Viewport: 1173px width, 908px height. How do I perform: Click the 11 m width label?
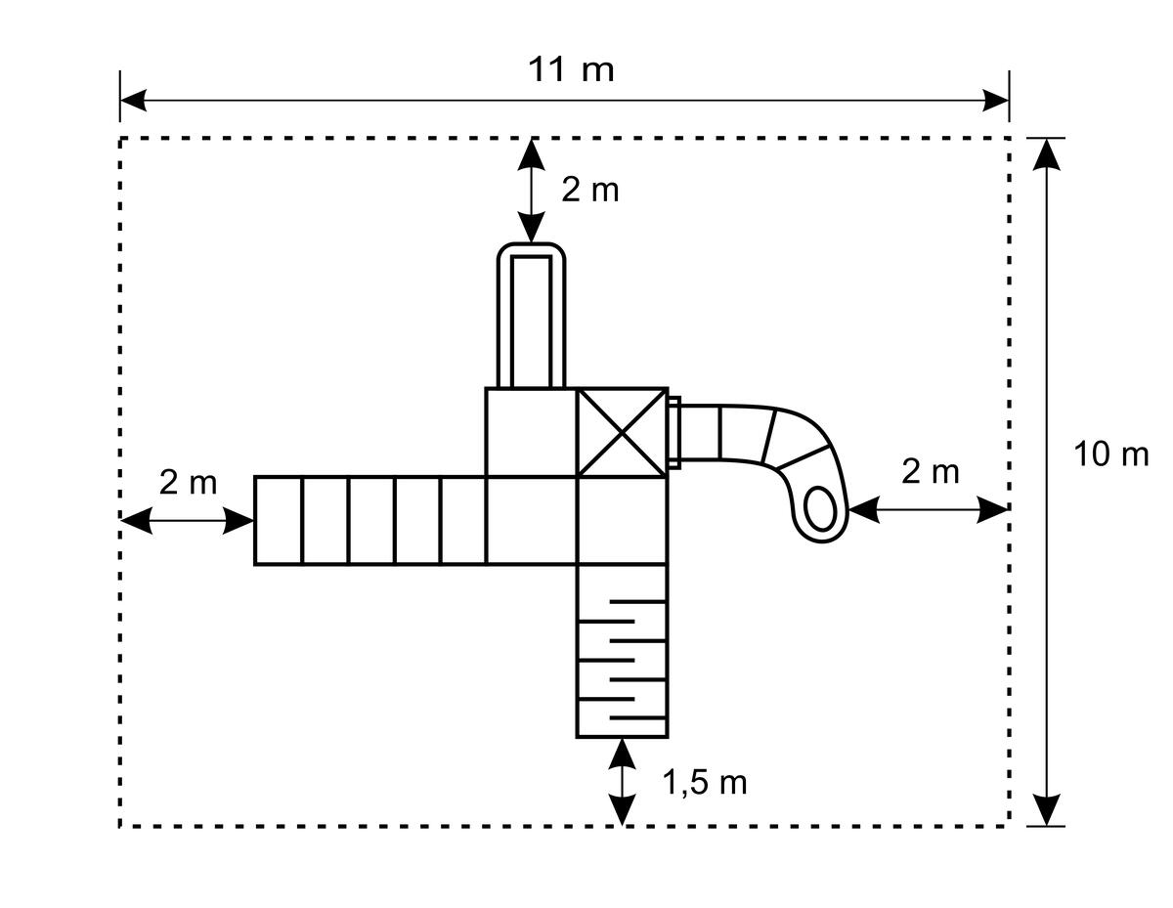pos(571,70)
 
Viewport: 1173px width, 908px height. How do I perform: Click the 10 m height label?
pos(1110,454)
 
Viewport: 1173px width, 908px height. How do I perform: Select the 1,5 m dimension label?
pos(705,782)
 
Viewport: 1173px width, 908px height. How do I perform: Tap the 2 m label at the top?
pos(590,191)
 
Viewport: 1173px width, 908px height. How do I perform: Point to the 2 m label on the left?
pos(188,482)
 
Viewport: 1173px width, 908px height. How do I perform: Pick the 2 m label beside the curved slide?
pos(931,472)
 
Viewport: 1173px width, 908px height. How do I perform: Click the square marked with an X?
pos(622,433)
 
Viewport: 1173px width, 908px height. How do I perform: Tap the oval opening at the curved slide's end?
pos(821,508)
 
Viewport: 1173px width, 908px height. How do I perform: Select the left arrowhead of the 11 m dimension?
pos(133,101)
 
